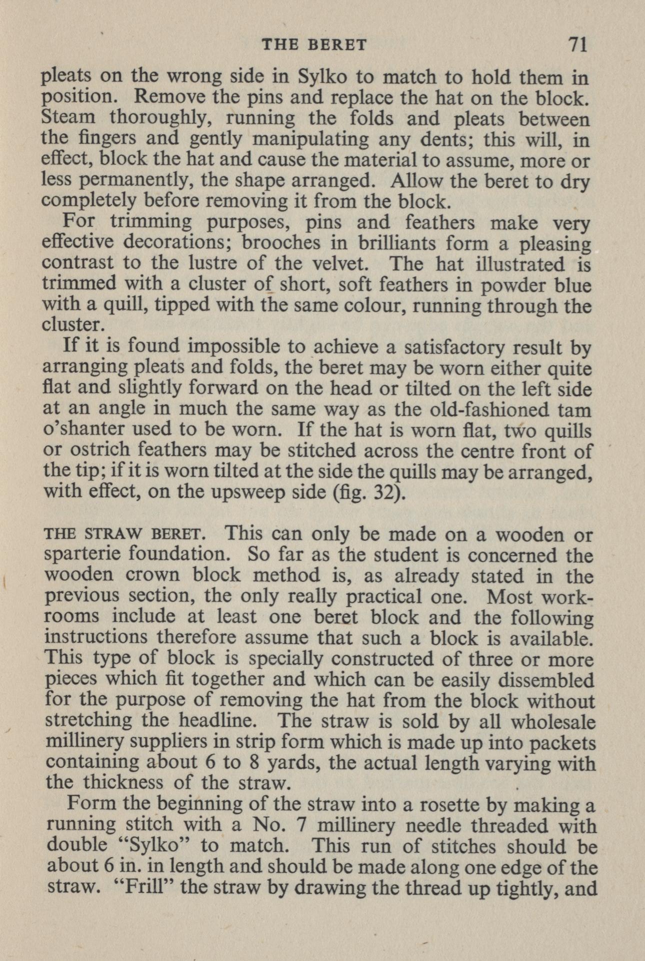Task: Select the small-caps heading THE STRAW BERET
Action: point(123,534)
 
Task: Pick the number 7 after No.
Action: point(301,826)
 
